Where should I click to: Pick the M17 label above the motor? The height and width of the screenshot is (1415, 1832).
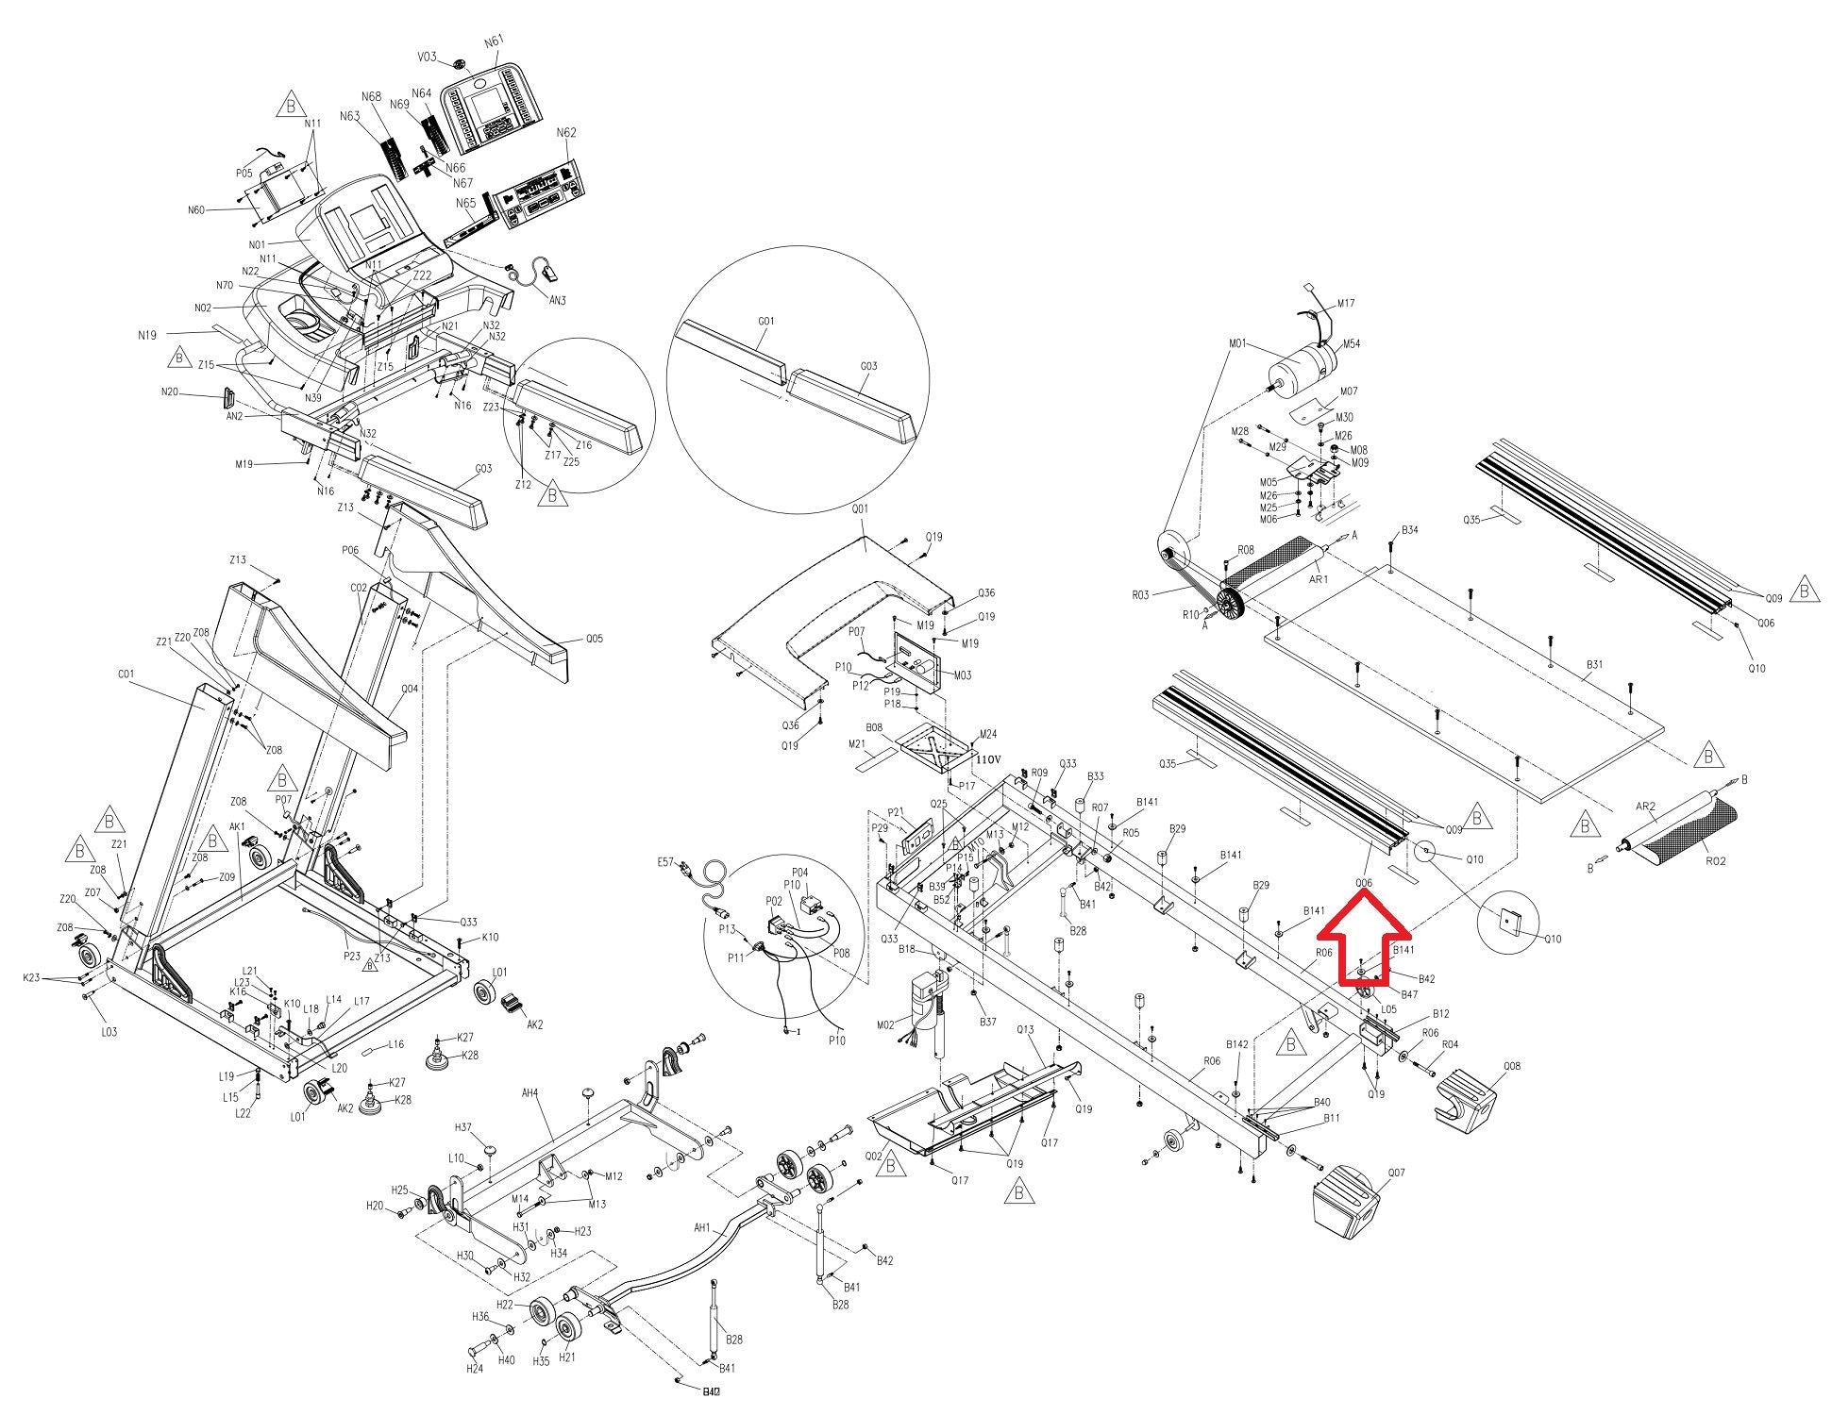[x=1345, y=304]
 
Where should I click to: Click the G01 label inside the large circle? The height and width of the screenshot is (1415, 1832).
[x=765, y=322]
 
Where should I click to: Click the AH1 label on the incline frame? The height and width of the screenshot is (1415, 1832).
[x=701, y=1228]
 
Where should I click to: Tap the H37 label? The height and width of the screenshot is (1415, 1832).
[x=463, y=1127]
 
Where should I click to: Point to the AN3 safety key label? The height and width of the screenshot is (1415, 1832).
[x=558, y=300]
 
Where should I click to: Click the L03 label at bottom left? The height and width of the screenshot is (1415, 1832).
[x=109, y=1032]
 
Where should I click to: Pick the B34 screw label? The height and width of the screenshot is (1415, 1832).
[x=1409, y=530]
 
